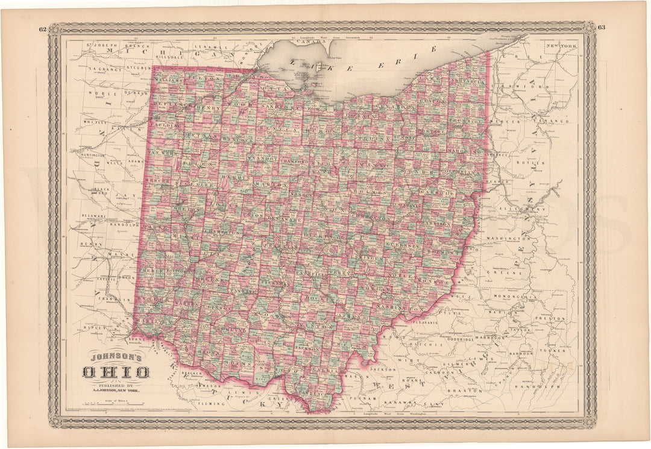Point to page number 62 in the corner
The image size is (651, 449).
(x=42, y=29)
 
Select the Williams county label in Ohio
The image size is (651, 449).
(x=168, y=80)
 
